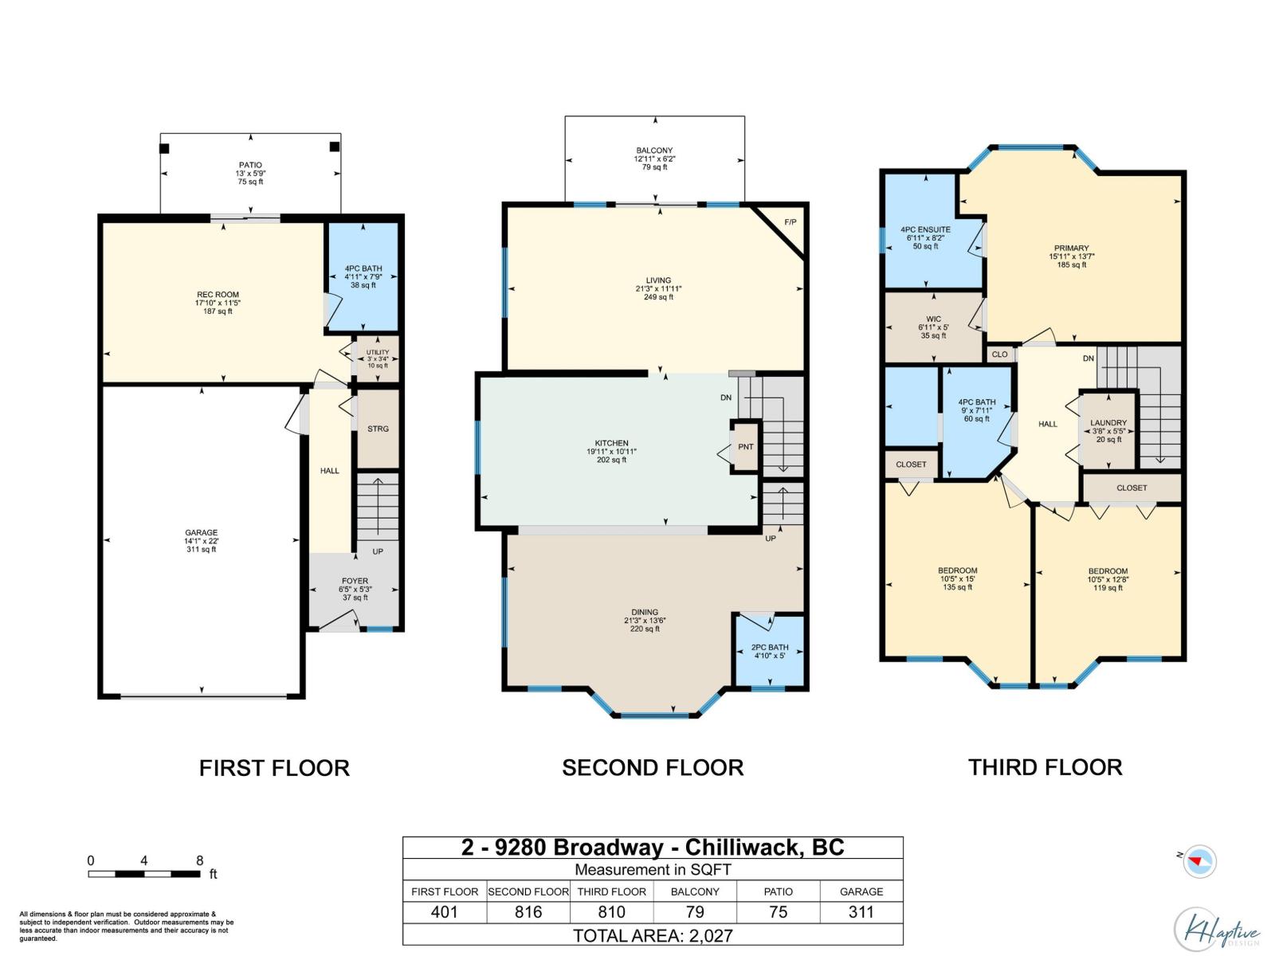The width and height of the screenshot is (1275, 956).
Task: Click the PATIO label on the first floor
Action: tap(249, 165)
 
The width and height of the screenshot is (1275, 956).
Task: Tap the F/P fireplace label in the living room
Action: tap(790, 222)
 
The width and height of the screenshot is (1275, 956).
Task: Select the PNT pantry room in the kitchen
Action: tap(745, 447)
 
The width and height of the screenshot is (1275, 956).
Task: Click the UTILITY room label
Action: tap(377, 352)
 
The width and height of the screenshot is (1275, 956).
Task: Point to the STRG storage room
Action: tap(378, 429)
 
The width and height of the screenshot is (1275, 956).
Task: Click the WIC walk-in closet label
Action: tap(933, 319)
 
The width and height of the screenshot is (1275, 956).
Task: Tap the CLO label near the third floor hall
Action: tap(999, 354)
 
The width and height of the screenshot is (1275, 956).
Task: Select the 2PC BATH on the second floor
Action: tap(770, 651)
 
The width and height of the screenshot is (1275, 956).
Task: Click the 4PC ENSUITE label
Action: tap(925, 230)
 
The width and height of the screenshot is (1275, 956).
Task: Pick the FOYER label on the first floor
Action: tap(355, 581)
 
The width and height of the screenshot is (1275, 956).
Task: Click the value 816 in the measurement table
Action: tap(528, 912)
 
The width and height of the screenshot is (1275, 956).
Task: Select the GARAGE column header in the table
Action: tap(861, 891)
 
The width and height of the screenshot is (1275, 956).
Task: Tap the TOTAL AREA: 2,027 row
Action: tap(653, 935)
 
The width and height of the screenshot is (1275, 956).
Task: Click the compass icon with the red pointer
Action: tap(1199, 861)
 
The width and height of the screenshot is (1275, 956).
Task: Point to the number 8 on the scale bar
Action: tap(199, 860)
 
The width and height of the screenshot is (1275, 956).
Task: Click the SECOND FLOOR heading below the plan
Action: tap(653, 768)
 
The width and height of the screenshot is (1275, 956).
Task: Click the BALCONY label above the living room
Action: tap(655, 151)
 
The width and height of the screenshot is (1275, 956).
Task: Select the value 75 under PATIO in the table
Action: tap(778, 912)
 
